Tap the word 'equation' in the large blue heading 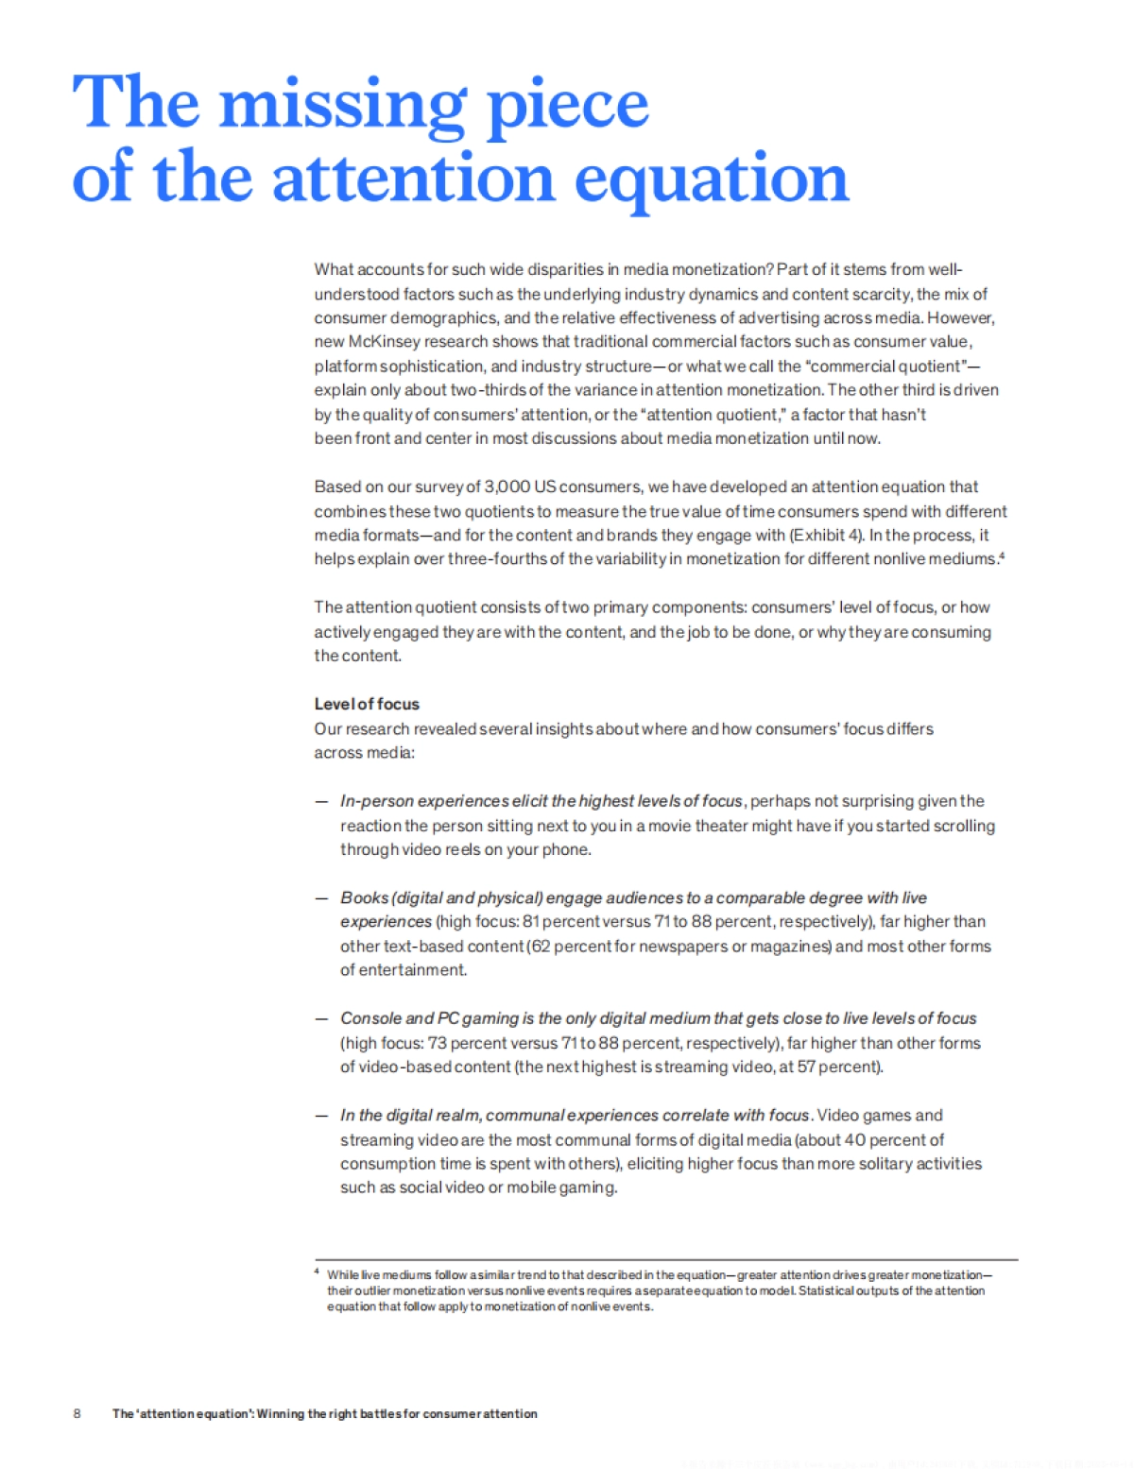click(x=712, y=179)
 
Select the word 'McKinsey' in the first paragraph click(x=384, y=342)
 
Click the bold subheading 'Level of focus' click(x=367, y=704)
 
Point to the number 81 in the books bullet click(x=531, y=922)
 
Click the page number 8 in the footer click(x=77, y=1414)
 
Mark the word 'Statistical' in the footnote click(x=824, y=1291)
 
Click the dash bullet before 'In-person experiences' click(x=321, y=801)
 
